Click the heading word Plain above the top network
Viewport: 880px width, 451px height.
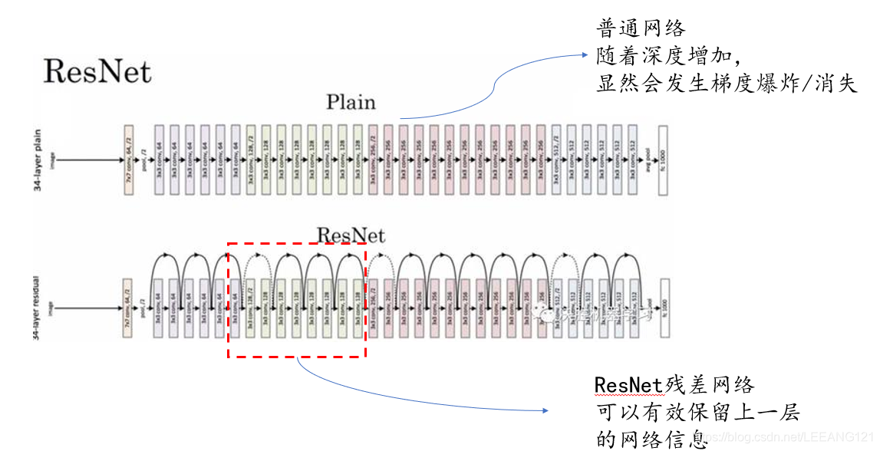click(x=351, y=102)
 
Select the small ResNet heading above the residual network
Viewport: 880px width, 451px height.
click(x=351, y=234)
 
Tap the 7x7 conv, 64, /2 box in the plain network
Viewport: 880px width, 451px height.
click(x=128, y=160)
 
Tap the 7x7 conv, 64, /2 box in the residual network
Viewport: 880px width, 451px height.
click(x=128, y=308)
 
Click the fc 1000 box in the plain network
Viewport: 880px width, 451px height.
click(x=663, y=160)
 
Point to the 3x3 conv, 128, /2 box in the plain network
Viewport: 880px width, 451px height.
click(x=251, y=160)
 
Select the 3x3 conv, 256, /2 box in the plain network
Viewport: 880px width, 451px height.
click(x=374, y=160)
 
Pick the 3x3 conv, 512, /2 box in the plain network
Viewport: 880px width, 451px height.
click(x=557, y=160)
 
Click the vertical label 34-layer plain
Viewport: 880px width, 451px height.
click(x=38, y=160)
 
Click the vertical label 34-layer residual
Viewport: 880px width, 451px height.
click(x=38, y=308)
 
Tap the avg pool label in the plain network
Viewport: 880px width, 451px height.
click(x=648, y=160)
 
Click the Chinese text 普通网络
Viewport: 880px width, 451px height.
click(x=641, y=29)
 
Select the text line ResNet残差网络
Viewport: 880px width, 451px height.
click(x=675, y=385)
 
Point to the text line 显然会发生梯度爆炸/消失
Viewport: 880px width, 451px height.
click(x=726, y=83)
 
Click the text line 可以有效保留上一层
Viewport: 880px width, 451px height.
click(x=698, y=413)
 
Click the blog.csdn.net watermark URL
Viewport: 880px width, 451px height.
click(x=790, y=436)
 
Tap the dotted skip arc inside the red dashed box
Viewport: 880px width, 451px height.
click(x=259, y=261)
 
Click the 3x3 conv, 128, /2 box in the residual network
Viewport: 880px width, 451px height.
click(x=251, y=308)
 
